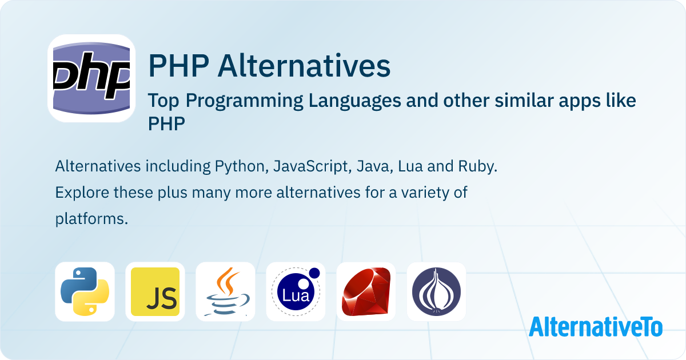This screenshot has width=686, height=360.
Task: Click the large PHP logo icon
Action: [x=91, y=78]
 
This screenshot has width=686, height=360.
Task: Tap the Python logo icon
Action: [x=85, y=291]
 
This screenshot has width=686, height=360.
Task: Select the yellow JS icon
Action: [x=155, y=291]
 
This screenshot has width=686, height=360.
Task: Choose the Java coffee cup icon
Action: [x=225, y=291]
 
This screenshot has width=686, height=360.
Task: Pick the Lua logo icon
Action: [x=296, y=291]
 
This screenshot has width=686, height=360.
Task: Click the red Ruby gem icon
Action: [x=366, y=291]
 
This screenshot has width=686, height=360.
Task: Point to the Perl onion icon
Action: [x=436, y=291]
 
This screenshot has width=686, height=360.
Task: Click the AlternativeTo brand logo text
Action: [x=596, y=326]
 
